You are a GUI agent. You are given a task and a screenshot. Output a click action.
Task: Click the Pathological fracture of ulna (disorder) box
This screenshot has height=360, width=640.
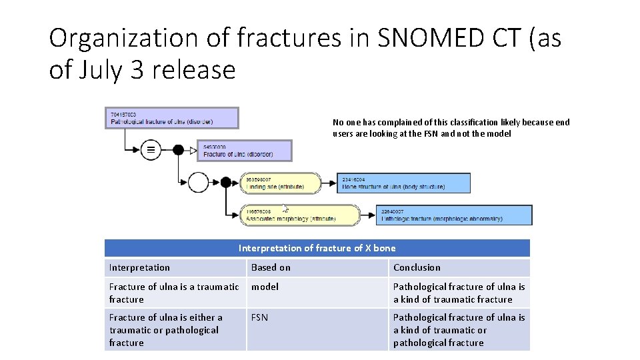[171, 118]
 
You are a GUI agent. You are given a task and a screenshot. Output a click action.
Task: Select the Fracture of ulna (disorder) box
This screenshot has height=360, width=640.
[244, 151]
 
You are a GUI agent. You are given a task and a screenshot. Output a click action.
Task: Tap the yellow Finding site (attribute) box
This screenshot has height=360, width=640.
[281, 183]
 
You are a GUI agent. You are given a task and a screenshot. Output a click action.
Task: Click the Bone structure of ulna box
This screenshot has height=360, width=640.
[404, 183]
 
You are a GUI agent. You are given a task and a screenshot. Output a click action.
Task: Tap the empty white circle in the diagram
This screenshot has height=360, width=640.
[199, 182]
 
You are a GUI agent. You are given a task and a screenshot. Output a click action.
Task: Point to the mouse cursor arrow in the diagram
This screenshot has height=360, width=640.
[285, 208]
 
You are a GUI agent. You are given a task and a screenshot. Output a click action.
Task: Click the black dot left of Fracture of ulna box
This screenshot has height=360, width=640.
[179, 150]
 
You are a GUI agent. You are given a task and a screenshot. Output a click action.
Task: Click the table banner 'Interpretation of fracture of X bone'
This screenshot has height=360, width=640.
[317, 248]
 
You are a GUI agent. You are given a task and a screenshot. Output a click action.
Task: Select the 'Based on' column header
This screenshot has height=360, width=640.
[271, 267]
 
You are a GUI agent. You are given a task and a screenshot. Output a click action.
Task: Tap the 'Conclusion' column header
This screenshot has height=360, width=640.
[417, 267]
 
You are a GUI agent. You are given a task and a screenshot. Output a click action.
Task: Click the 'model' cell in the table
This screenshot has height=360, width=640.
[265, 287]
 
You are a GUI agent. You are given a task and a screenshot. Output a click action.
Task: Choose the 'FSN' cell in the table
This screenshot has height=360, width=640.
[259, 317]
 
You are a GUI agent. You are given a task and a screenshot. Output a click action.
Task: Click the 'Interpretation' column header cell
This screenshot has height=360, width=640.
[139, 267]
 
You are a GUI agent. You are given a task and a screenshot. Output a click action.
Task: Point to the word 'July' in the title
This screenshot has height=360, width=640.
[95, 69]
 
